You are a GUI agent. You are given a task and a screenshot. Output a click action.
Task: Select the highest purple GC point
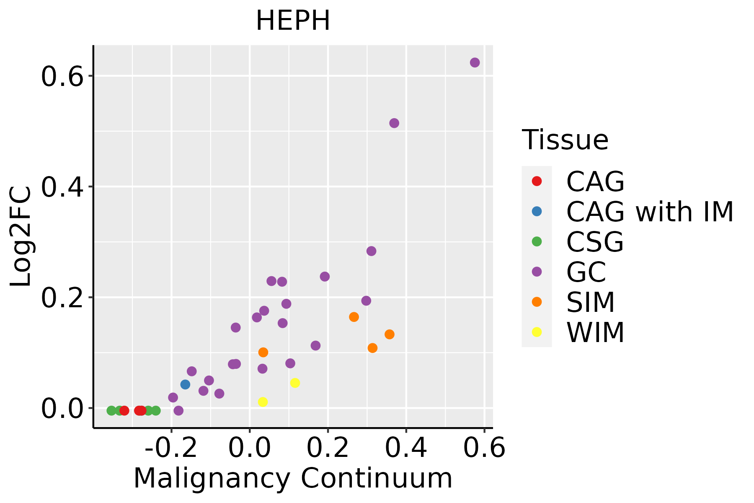pyautogui.click(x=475, y=62)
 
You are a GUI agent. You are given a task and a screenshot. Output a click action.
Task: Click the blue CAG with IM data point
pyautogui.click(x=185, y=384)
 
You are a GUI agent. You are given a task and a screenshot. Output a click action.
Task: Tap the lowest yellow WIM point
pyautogui.click(x=263, y=402)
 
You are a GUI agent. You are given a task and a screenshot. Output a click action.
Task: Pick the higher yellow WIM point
pyautogui.click(x=295, y=383)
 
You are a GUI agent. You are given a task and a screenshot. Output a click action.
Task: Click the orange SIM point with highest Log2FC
pyautogui.click(x=354, y=317)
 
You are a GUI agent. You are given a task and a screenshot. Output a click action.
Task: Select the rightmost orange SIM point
pyautogui.click(x=390, y=334)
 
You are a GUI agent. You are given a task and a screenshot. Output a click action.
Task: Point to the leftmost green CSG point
pyautogui.click(x=111, y=410)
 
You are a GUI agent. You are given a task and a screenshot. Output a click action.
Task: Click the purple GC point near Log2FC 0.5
pyautogui.click(x=394, y=123)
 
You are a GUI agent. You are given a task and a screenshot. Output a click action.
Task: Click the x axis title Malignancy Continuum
pyautogui.click(x=293, y=478)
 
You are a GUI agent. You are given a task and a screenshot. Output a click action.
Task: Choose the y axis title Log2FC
pyautogui.click(x=21, y=236)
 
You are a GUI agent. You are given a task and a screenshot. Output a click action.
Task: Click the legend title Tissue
pyautogui.click(x=565, y=140)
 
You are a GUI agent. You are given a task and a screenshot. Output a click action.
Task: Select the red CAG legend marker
pyautogui.click(x=537, y=181)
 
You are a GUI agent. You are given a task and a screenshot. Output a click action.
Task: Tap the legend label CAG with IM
pyautogui.click(x=650, y=212)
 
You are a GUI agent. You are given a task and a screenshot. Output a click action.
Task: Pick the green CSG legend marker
pyautogui.click(x=537, y=241)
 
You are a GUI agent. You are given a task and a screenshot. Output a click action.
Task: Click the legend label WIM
pyautogui.click(x=595, y=333)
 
